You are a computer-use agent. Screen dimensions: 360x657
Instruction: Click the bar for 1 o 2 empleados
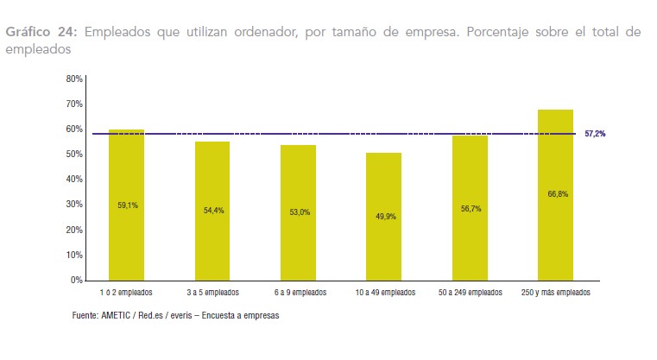(127, 233)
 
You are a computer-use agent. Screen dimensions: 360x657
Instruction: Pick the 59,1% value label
(127, 205)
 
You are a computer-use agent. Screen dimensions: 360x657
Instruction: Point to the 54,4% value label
(213, 210)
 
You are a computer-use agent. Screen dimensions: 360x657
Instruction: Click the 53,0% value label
(299, 212)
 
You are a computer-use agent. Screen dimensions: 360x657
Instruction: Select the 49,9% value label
(384, 216)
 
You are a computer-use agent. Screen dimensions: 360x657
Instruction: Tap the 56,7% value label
(470, 207)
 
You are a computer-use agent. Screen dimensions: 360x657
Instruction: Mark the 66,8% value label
(556, 194)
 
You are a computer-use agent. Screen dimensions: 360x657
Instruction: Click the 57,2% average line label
(595, 134)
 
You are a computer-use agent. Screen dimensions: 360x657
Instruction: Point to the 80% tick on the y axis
(73, 79)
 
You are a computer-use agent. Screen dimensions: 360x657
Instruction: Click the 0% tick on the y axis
(76, 281)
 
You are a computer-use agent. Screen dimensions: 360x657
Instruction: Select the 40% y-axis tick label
(73, 180)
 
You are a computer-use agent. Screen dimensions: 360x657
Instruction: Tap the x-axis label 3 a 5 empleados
(212, 293)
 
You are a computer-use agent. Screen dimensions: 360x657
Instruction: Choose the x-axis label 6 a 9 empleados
(299, 293)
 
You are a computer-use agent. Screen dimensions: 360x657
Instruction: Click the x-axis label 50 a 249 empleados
(470, 293)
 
